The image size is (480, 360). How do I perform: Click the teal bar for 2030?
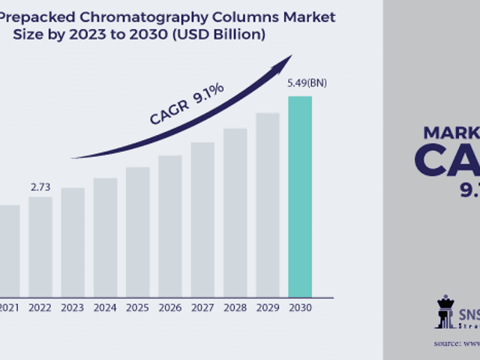click(299, 196)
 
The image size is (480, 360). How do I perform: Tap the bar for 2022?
click(40, 247)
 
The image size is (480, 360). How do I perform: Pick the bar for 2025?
click(137, 232)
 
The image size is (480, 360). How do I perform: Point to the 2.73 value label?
click(40, 187)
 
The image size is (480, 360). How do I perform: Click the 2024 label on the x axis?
click(105, 307)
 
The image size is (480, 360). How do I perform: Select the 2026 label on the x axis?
click(170, 307)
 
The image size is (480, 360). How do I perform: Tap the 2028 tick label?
click(235, 307)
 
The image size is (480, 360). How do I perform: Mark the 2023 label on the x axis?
click(73, 307)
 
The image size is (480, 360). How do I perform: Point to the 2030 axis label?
click(299, 307)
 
